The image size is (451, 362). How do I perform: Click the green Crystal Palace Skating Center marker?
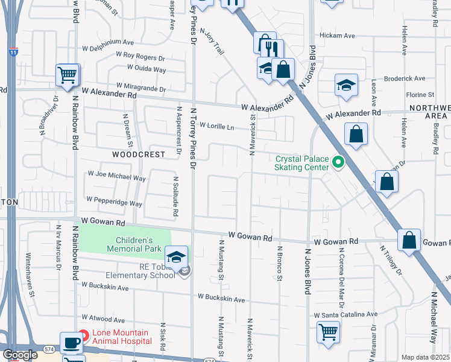pyautogui.click(x=338, y=162)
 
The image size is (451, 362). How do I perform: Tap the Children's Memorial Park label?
pyautogui.click(x=134, y=244)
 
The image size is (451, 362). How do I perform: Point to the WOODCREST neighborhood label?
pyautogui.click(x=139, y=154)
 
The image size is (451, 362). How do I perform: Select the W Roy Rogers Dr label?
pyautogui.click(x=140, y=57)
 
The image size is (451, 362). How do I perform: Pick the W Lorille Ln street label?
pyautogui.click(x=212, y=127)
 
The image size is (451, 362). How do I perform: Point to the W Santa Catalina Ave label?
pyautogui.click(x=345, y=314)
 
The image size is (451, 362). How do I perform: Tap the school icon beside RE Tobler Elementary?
pyautogui.click(x=177, y=257)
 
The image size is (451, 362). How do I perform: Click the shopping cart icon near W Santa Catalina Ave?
pyautogui.click(x=328, y=331)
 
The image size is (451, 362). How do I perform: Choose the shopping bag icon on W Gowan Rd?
pyautogui.click(x=409, y=240)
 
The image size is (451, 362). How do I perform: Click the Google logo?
pyautogui.click(x=21, y=355)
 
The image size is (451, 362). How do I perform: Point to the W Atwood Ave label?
pyautogui.click(x=103, y=319)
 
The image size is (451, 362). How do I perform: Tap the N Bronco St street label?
pyautogui.click(x=279, y=263)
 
